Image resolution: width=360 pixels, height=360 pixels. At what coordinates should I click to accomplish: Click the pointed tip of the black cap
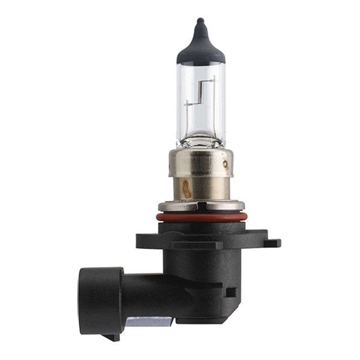tap(201, 22)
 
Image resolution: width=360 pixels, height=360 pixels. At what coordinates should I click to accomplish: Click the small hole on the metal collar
tap(225, 163)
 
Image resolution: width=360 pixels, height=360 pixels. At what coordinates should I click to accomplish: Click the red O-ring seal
tap(201, 217)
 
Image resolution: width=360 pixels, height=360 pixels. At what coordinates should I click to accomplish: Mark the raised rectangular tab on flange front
tap(180, 245)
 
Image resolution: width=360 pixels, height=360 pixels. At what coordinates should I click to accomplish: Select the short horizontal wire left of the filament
tap(191, 104)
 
